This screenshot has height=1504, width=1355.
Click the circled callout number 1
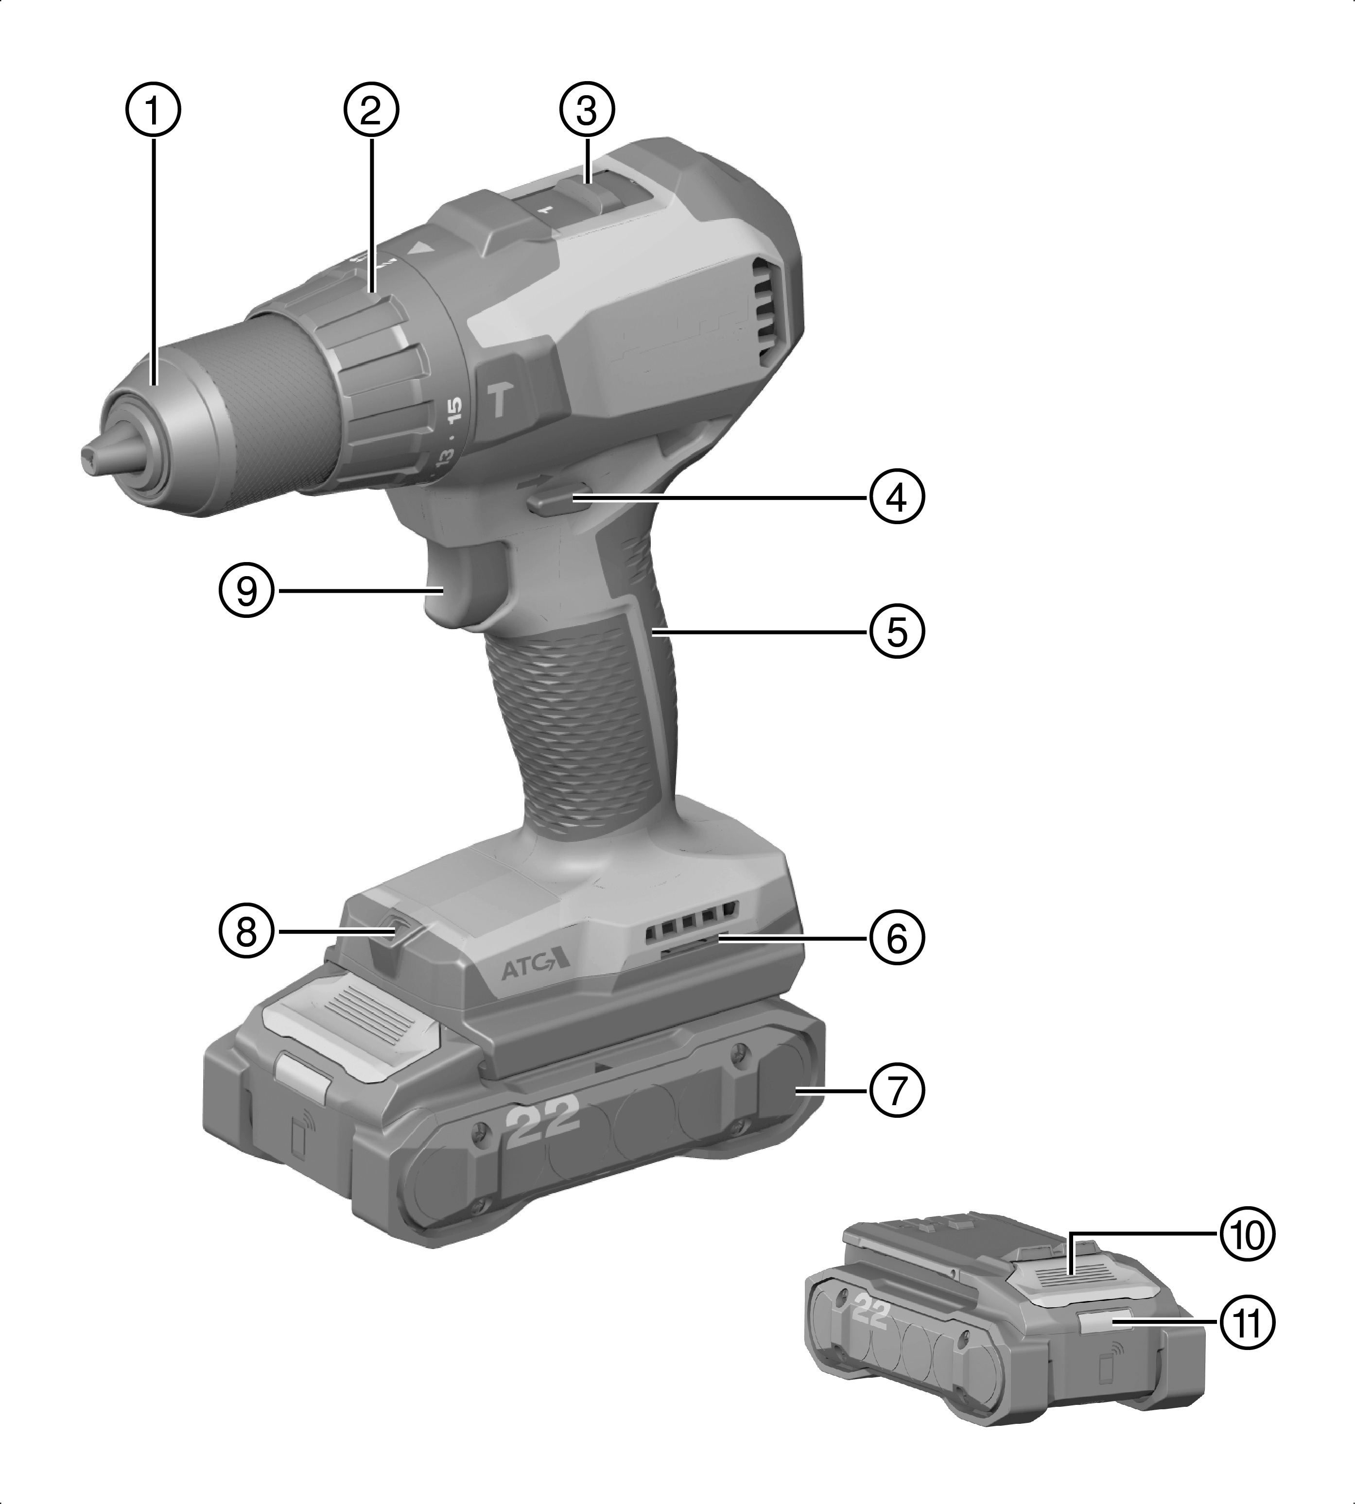click(153, 110)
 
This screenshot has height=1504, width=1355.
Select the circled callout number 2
click(371, 110)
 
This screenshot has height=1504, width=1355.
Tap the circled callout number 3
click(587, 110)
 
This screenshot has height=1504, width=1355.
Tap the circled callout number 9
click(247, 592)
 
